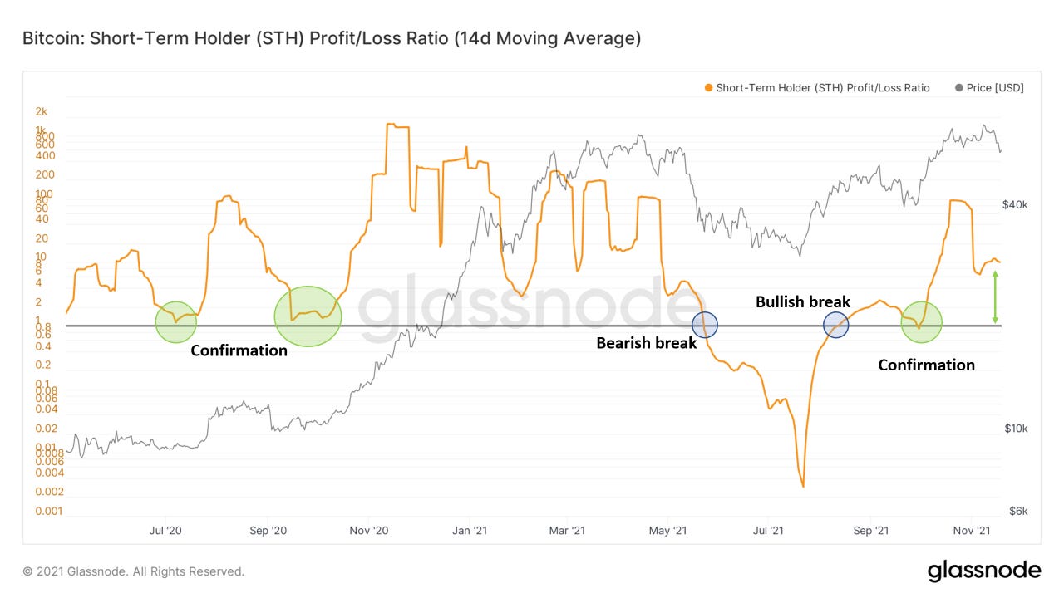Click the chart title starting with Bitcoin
pyautogui.click(x=332, y=39)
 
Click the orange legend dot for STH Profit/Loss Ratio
pyautogui.click(x=707, y=88)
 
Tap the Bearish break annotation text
pyautogui.click(x=646, y=342)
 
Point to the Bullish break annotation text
pyautogui.click(x=802, y=302)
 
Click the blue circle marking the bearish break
pyautogui.click(x=705, y=324)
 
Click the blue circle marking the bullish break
pyautogui.click(x=835, y=325)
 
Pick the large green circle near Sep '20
pyautogui.click(x=308, y=316)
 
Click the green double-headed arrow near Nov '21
pyautogui.click(x=995, y=297)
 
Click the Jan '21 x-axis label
pyautogui.click(x=470, y=530)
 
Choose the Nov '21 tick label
pyautogui.click(x=969, y=530)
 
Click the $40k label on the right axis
pyautogui.click(x=1015, y=204)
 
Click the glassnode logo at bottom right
pyautogui.click(x=983, y=571)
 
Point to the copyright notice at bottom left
pyautogui.click(x=134, y=571)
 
